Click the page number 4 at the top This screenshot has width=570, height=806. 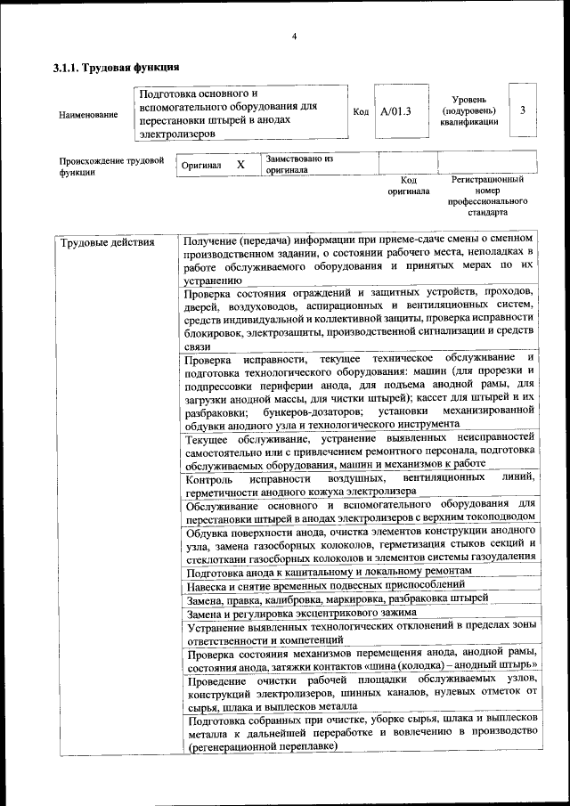(294, 36)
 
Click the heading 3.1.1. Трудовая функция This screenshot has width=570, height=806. (117, 68)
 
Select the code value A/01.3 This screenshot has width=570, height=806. (395, 112)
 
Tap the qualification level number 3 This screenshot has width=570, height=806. (523, 110)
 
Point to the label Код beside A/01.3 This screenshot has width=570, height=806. (361, 112)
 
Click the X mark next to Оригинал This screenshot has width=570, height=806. (240, 165)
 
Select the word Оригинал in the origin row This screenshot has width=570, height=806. (201, 166)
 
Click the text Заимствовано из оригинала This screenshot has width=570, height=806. (297, 164)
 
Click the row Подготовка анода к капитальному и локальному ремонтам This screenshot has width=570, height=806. (329, 571)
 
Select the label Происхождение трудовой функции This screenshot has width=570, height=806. (110, 167)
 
